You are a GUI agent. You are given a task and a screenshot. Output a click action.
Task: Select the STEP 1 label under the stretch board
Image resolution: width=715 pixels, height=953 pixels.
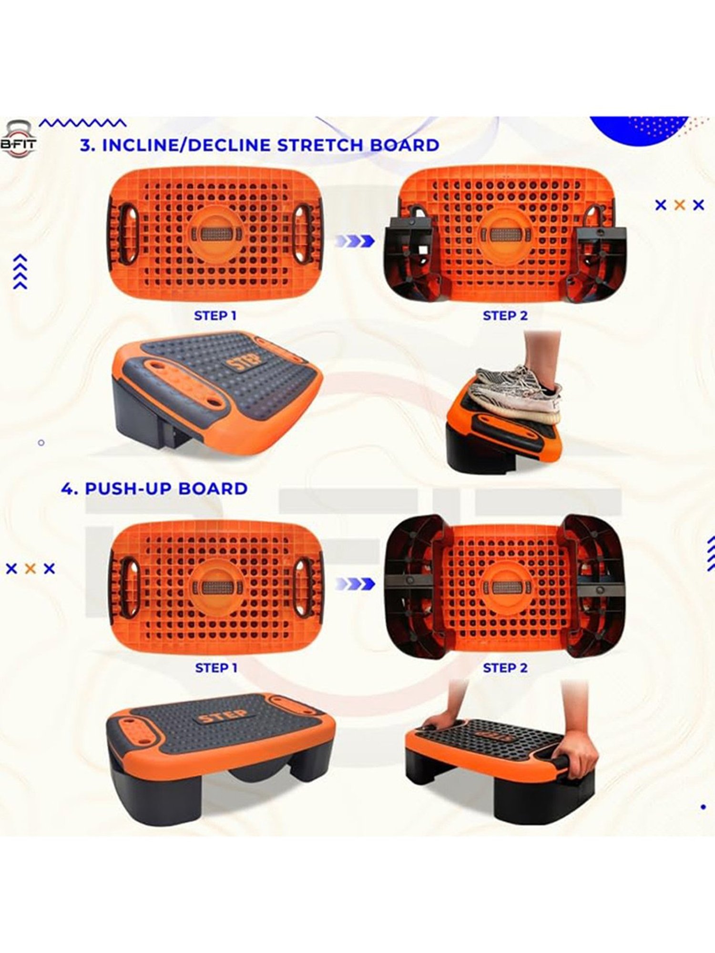coord(215,315)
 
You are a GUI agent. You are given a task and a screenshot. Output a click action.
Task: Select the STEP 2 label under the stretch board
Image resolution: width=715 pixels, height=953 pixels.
coord(505,315)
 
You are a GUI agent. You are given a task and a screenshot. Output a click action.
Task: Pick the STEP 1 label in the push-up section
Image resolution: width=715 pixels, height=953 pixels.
coord(216,668)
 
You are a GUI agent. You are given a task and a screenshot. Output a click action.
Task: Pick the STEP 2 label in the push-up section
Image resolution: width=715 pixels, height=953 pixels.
coord(505,668)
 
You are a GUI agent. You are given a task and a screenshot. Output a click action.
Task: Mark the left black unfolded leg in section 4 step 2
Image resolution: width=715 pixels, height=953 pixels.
coord(414,586)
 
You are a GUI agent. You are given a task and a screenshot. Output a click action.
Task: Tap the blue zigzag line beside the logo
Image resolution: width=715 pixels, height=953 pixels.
coord(82,123)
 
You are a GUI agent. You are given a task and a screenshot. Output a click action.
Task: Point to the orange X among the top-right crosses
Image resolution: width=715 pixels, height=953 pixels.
coord(680,205)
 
